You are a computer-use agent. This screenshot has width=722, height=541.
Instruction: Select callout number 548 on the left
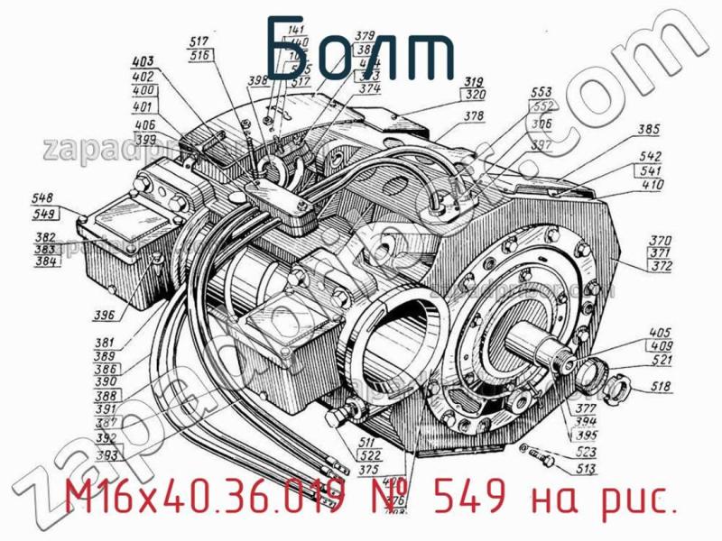[x=42, y=199]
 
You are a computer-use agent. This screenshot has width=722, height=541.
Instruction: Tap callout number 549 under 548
[x=42, y=214]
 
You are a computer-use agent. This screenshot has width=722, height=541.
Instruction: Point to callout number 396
[x=104, y=315]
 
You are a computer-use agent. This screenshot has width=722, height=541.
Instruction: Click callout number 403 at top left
[x=142, y=62]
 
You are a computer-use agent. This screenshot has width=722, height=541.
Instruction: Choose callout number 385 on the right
[x=647, y=129]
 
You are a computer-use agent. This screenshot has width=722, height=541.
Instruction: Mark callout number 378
[x=475, y=116]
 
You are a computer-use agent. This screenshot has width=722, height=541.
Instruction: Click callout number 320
[x=476, y=93]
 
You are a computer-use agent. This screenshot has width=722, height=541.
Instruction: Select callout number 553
[x=541, y=93]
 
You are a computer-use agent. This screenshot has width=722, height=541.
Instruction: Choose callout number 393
[x=106, y=456]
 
